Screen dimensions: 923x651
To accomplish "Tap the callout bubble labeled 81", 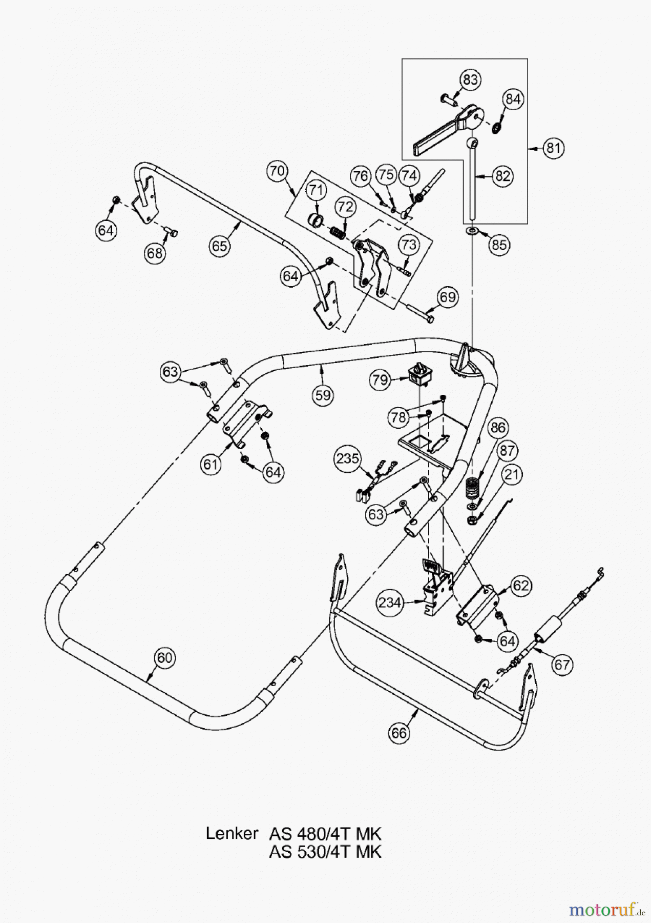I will click(553, 148).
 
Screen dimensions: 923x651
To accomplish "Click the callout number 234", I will click(390, 603).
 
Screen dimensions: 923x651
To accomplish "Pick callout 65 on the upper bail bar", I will click(220, 246).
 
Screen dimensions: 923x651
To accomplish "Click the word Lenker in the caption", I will click(232, 833).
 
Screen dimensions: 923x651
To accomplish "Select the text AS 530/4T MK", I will click(325, 852).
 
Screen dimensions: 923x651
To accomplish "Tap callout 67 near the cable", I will click(562, 665).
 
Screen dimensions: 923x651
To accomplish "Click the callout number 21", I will click(513, 475).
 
